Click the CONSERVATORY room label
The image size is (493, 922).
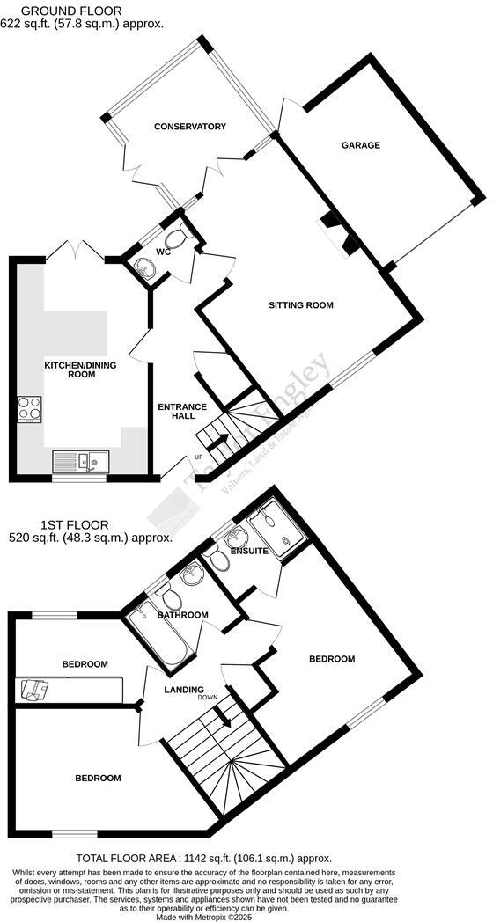tap(189, 127)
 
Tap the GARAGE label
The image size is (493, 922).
tap(361, 145)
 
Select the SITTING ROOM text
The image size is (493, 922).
tap(301, 306)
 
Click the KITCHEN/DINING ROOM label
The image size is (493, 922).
tap(70, 369)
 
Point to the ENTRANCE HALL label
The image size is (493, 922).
tap(181, 411)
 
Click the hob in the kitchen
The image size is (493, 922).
tap(29, 409)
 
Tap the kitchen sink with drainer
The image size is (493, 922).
tap(79, 459)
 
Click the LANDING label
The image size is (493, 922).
tap(184, 689)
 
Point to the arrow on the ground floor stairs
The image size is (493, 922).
tap(217, 442)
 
